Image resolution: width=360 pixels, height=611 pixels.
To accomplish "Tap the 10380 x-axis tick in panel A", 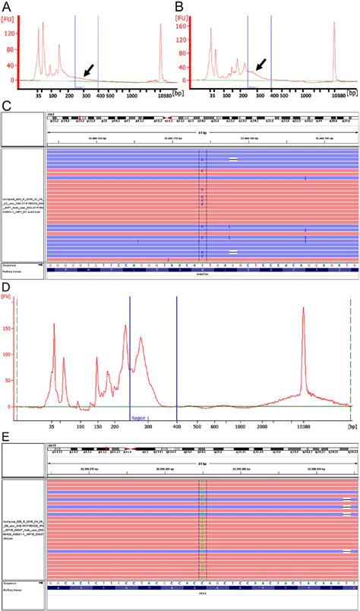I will tap(160, 97).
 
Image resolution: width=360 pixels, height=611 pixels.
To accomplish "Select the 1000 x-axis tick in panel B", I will tap(305, 97).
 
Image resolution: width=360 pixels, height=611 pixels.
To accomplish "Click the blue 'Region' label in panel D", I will tap(138, 418).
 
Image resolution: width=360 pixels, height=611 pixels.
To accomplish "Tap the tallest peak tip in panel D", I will tap(304, 308).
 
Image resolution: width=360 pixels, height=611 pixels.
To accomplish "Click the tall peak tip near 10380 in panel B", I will tap(335, 23).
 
